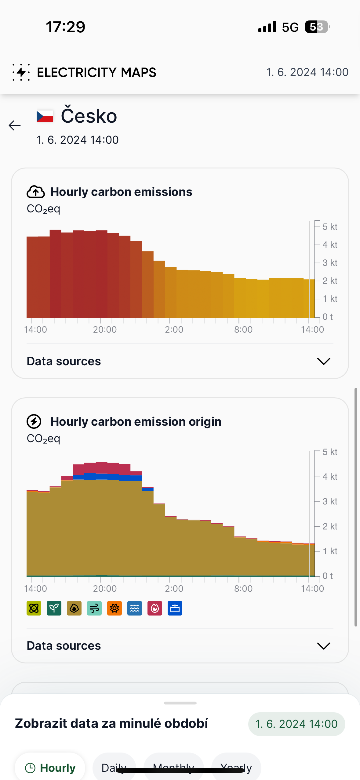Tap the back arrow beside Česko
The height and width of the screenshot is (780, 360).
(15, 125)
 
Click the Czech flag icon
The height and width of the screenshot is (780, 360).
(45, 116)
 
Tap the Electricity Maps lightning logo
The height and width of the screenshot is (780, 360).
(21, 72)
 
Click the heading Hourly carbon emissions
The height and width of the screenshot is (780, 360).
(121, 192)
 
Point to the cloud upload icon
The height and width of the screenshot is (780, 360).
(36, 192)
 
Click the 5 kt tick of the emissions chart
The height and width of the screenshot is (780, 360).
(329, 227)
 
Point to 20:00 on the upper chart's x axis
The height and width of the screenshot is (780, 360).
(105, 330)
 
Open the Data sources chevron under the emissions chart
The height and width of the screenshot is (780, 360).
(323, 361)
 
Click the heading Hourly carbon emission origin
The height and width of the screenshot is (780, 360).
(136, 422)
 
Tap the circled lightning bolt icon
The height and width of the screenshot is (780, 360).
(34, 422)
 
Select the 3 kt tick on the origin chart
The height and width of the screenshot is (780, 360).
(329, 501)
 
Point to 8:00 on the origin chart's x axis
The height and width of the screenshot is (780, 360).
(243, 589)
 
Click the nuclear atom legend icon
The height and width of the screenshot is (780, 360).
(34, 608)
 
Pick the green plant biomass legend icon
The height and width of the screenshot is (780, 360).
(54, 608)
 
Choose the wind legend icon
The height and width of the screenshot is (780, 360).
(94, 608)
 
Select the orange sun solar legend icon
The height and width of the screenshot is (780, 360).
(115, 608)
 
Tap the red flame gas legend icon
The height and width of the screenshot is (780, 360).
(155, 608)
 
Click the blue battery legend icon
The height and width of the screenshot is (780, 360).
(175, 608)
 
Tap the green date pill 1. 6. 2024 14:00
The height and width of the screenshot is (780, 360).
(296, 724)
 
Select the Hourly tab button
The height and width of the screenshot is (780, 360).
(50, 768)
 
